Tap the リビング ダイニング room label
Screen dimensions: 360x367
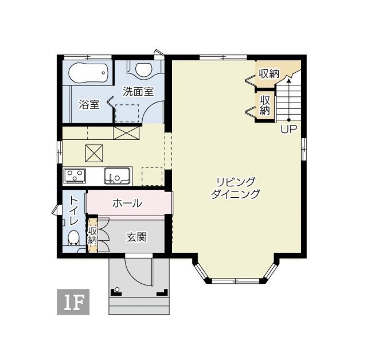tap(235, 187)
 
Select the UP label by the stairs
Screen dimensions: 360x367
tap(288, 129)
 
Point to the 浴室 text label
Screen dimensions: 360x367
tap(89, 105)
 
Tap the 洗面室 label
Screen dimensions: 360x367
tap(138, 91)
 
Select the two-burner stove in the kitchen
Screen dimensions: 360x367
tap(75, 175)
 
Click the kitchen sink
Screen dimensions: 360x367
tap(118, 175)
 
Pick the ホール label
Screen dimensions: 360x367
tap(127, 203)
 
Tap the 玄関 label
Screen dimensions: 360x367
tap(136, 237)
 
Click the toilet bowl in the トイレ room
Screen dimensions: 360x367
tap(73, 238)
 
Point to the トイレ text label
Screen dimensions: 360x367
tap(73, 210)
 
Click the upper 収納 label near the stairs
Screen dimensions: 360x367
tap(268, 74)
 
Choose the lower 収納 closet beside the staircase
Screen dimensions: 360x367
tap(264, 105)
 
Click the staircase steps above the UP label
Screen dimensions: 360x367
tap(288, 100)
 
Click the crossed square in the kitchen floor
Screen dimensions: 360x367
tap(95, 154)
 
